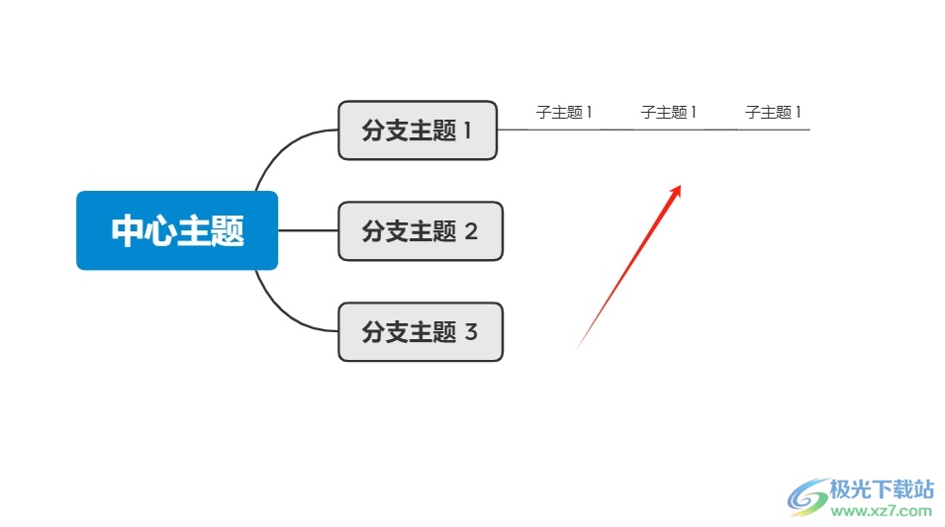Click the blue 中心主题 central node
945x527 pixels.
click(x=177, y=230)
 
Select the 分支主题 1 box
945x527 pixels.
click(x=417, y=131)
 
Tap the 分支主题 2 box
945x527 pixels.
click(x=420, y=231)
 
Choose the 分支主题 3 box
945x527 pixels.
click(x=420, y=331)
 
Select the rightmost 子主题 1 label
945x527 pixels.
click(x=773, y=113)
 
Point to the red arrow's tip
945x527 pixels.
click(x=680, y=186)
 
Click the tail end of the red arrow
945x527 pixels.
click(x=578, y=347)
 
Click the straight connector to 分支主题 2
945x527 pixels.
click(x=308, y=230)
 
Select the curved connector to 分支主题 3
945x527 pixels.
click(x=278, y=308)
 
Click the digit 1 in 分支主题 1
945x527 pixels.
click(x=468, y=131)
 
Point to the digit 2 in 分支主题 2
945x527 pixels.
click(x=471, y=231)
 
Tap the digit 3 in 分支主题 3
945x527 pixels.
click(x=471, y=331)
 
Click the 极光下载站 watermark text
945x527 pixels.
click(x=882, y=488)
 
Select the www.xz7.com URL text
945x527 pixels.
click(x=882, y=511)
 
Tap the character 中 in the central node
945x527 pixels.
click(x=128, y=231)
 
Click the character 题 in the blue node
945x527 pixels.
click(x=228, y=231)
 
